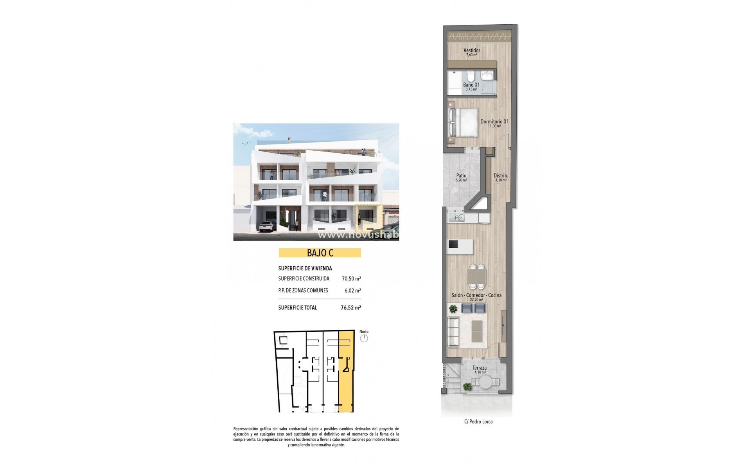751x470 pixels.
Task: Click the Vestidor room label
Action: coord(471,51)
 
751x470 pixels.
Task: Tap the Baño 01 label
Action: coord(471,85)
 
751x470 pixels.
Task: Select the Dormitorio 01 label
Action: coord(494,122)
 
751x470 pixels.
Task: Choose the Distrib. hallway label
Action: coord(501,176)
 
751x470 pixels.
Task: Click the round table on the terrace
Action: coord(485,383)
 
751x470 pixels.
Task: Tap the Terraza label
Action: coord(479,368)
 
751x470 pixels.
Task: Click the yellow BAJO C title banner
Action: coord(320,253)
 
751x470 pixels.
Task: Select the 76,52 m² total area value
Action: coord(350,308)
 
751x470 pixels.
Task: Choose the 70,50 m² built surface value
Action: coord(351,279)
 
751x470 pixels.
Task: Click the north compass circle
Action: coord(364,338)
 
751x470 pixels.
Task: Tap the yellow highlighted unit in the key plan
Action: coord(347,376)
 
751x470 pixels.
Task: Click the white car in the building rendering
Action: coord(268,226)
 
